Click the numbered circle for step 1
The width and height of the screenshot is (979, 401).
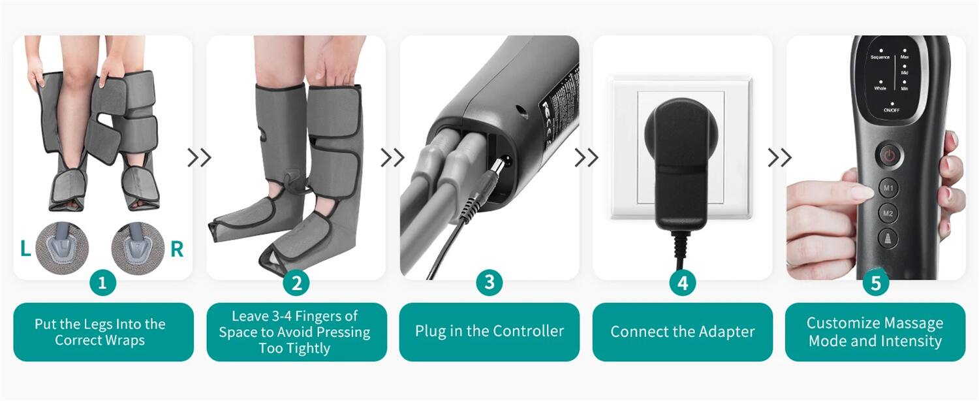[102, 283]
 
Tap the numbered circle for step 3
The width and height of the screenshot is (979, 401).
[489, 283]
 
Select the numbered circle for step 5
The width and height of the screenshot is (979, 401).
[876, 283]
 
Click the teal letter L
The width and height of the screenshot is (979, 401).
[25, 249]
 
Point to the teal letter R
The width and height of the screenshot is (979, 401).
[177, 249]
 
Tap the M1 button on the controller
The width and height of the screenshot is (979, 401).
[888, 187]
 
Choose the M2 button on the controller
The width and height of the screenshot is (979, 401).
[888, 213]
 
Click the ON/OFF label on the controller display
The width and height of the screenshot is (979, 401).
[892, 110]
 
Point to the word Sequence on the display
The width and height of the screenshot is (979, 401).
[880, 57]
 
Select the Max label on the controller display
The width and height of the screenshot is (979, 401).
[905, 57]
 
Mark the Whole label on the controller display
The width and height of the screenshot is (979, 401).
[880, 88]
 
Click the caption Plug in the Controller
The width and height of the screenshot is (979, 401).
[489, 331]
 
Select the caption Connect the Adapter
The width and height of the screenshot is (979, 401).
[683, 332]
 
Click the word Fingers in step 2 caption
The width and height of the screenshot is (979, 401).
[332, 316]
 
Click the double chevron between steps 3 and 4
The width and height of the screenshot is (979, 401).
[585, 157]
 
